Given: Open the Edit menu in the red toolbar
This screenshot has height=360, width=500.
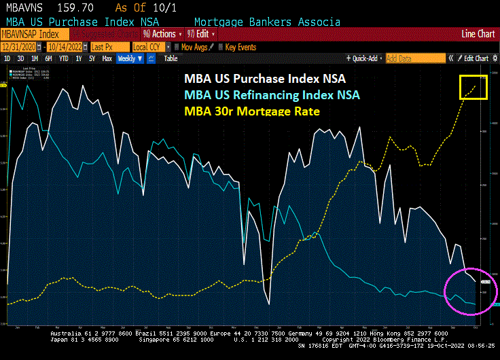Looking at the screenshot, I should [201, 33].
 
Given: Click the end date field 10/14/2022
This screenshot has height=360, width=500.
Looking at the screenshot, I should [66, 47].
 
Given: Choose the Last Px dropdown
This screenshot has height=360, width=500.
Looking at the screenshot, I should [108, 47].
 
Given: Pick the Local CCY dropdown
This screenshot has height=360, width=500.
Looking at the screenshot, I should [149, 47].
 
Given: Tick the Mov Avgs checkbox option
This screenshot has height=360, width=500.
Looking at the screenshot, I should [193, 47].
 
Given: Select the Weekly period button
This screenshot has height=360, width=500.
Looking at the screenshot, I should [129, 58].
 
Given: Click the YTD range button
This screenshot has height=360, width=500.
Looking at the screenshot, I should [64, 58].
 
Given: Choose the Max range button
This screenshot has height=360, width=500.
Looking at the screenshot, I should [107, 58].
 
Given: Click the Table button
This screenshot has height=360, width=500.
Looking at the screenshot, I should [171, 58].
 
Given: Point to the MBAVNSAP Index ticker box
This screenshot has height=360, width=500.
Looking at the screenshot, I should [34, 33].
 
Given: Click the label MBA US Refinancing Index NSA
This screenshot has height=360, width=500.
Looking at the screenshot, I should [271, 94].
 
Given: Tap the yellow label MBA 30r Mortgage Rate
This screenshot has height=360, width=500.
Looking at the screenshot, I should [251, 110].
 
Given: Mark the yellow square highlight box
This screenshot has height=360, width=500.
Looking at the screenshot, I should [474, 87].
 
